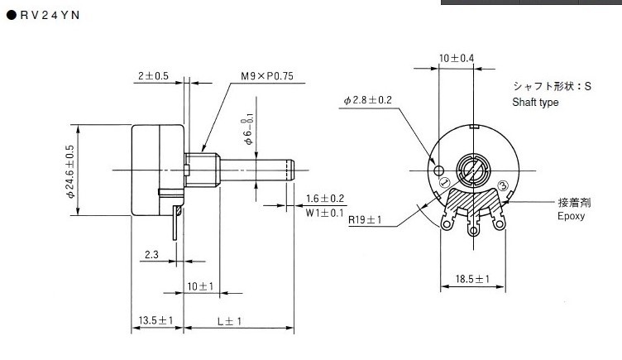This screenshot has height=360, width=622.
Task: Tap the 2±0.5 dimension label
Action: [152, 76]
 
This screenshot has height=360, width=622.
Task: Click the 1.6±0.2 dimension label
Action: [325, 199]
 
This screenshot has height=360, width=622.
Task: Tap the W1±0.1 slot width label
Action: [325, 214]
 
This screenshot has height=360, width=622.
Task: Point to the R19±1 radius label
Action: [365, 220]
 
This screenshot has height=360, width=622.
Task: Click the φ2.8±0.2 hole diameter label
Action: [368, 101]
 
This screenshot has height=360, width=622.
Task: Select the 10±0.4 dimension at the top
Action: [457, 58]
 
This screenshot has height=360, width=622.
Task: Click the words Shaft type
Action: [535, 103]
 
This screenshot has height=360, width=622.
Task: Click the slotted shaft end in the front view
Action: [472, 170]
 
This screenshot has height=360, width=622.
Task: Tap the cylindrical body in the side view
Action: [153, 170]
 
